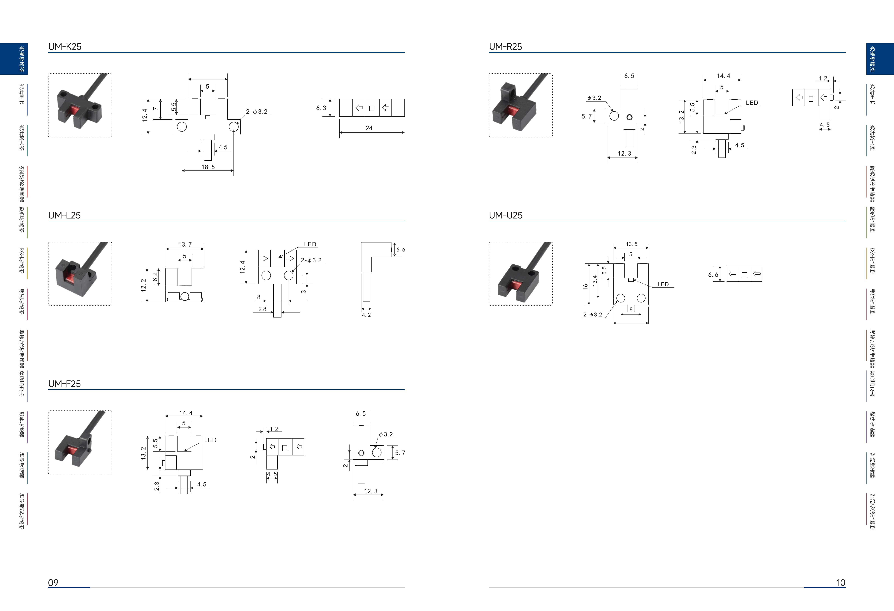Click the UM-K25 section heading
[65, 47]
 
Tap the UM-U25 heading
[506, 215]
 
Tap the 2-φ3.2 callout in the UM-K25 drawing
[257, 112]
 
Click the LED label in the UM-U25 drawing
[663, 284]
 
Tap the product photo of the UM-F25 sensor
[80, 442]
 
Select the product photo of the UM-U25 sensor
[520, 274]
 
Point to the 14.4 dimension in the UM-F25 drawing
[186, 413]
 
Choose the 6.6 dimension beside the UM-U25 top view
[713, 275]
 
